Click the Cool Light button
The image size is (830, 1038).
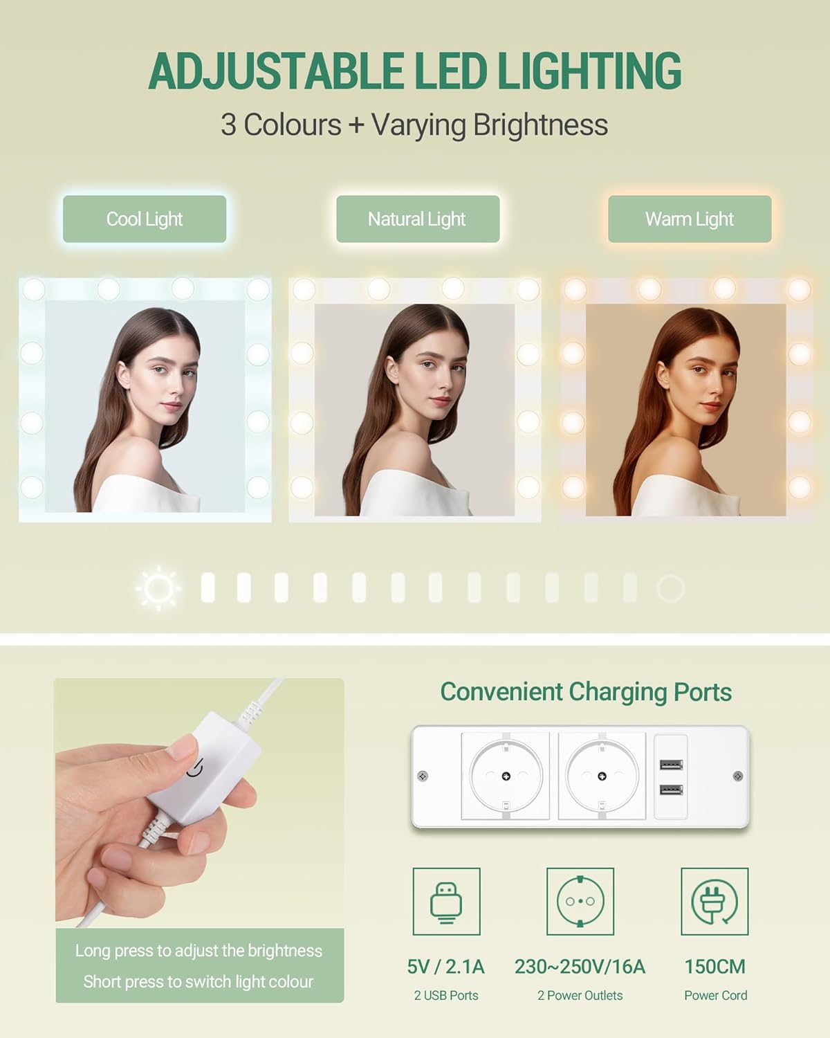tap(145, 219)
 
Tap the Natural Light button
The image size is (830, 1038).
tap(418, 219)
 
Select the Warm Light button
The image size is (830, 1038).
tap(690, 219)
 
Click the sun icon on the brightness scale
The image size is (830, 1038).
tap(158, 588)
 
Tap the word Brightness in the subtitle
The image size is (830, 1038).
tap(540, 125)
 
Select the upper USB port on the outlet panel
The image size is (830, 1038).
tap(671, 765)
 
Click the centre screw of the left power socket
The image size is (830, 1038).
tap(506, 776)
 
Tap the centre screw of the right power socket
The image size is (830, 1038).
tap(602, 776)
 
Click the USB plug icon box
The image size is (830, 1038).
tap(447, 901)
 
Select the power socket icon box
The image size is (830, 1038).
tap(580, 901)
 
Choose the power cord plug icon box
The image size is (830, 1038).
tap(714, 901)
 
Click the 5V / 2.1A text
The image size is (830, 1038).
tap(446, 967)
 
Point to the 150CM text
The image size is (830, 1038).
tap(715, 967)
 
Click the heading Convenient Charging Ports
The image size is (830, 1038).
tap(586, 692)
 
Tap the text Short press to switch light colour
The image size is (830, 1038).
tap(199, 982)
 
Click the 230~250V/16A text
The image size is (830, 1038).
tap(580, 967)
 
